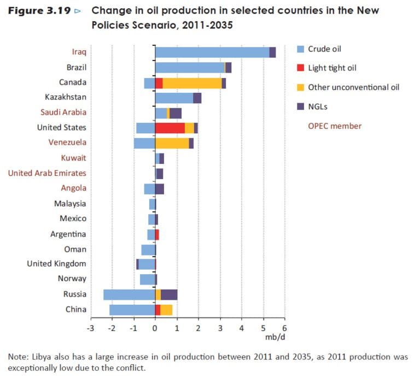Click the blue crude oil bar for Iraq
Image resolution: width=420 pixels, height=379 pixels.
(x=212, y=52)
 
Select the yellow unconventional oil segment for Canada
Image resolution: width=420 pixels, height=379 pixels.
(x=192, y=83)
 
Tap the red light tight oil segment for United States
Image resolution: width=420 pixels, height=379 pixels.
(x=170, y=128)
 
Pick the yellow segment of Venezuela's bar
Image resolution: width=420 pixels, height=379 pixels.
(x=172, y=144)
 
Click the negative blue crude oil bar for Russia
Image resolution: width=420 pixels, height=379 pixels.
(x=129, y=295)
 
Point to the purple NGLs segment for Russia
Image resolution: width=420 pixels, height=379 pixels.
(x=169, y=295)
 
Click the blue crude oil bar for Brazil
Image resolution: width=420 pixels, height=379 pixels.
(x=190, y=68)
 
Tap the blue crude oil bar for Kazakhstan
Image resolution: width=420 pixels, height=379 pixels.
(x=174, y=98)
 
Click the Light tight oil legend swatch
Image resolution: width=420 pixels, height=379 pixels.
(x=300, y=68)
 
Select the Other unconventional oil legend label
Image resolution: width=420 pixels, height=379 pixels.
(x=353, y=87)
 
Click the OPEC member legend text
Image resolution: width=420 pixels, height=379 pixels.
(x=335, y=126)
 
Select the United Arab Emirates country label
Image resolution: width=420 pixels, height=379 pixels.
(x=47, y=173)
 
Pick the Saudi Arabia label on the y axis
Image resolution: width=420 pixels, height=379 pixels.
(x=63, y=112)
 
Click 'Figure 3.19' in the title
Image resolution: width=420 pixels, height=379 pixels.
(x=39, y=11)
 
